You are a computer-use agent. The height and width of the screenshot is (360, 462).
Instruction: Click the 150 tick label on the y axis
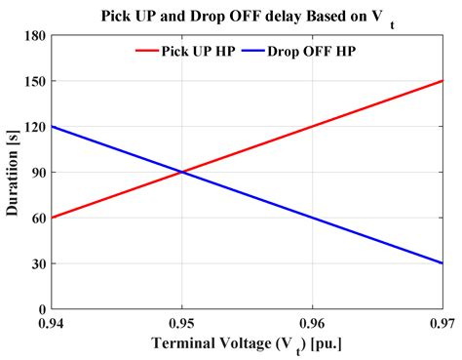[35, 82]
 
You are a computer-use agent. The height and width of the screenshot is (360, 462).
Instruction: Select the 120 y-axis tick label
[35, 127]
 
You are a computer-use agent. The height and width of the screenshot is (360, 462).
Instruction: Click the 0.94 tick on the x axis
[52, 322]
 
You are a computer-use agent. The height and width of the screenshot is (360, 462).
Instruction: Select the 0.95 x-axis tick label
[182, 322]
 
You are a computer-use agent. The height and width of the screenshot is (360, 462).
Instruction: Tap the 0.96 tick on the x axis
[312, 322]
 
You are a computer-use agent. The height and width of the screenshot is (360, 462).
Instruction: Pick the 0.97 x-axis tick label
[440, 322]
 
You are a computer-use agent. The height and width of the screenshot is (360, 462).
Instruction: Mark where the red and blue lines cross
[182, 173]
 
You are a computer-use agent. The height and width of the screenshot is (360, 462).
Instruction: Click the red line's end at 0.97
[442, 82]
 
